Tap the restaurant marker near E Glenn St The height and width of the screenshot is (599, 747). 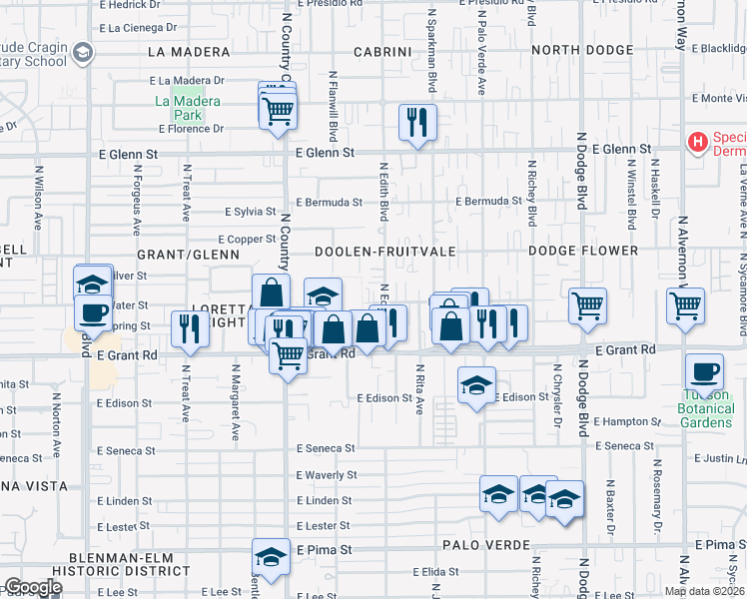click(417, 124)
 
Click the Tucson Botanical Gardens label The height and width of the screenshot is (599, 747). click(706, 408)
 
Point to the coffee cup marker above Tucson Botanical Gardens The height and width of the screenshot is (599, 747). click(706, 371)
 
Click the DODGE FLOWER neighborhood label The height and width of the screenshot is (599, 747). click(583, 251)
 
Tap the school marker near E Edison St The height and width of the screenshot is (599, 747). click(477, 385)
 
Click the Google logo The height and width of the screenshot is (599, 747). click(33, 587)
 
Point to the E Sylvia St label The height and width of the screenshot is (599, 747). click(250, 212)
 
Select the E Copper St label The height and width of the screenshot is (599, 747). click(248, 239)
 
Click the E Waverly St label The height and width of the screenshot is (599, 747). click(327, 475)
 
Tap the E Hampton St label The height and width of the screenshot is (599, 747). click(626, 421)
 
